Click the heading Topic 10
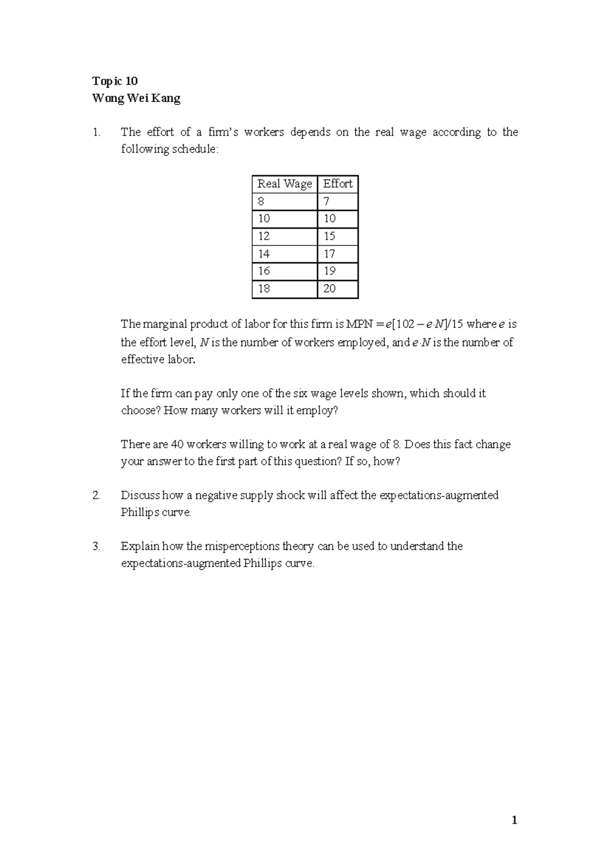[115, 81]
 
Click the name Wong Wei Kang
[136, 99]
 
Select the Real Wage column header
[284, 184]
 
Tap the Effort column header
[338, 184]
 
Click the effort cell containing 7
[326, 202]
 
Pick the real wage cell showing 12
[264, 236]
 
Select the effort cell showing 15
[329, 236]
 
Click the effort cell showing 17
[329, 254]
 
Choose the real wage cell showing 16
[264, 271]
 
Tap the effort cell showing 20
[329, 289]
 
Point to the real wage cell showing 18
[264, 289]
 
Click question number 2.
[96, 496]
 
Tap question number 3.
[96, 546]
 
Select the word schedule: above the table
[195, 149]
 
